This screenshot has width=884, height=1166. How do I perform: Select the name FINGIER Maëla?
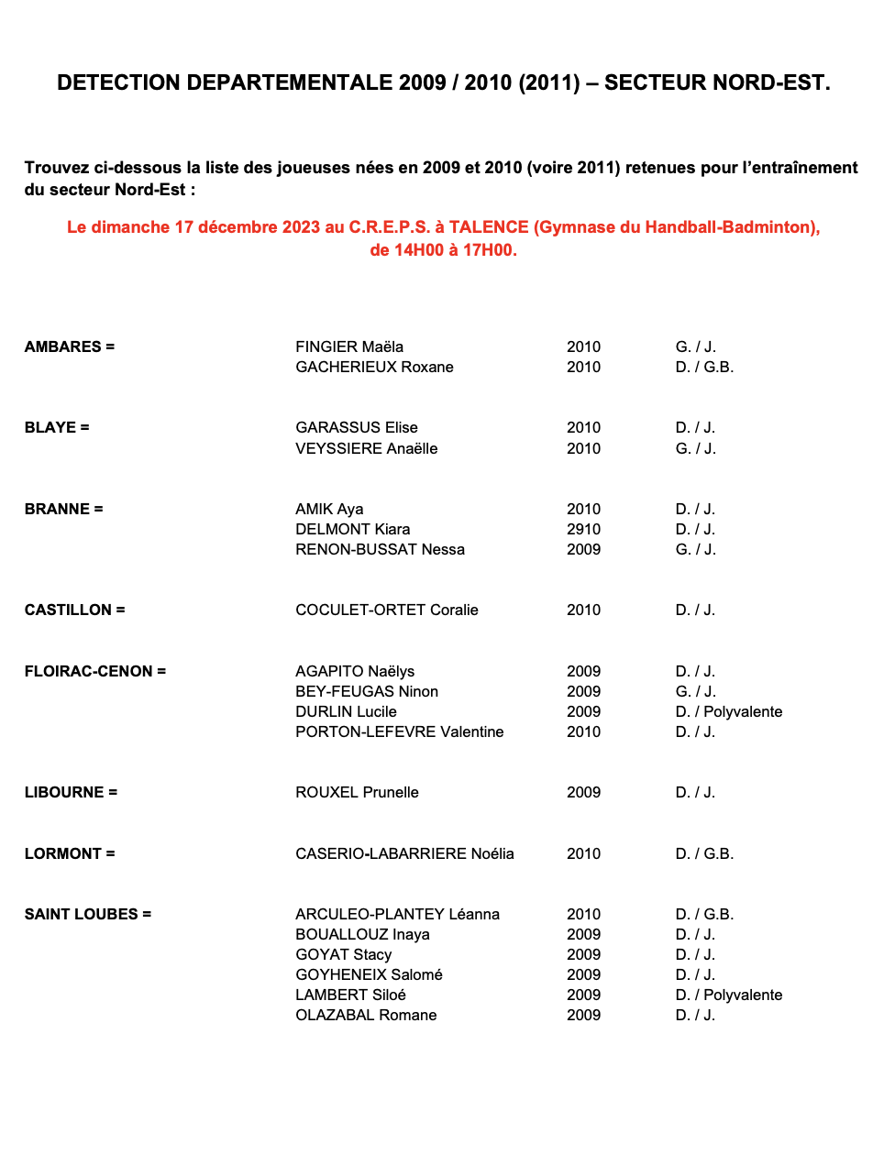pos(349,346)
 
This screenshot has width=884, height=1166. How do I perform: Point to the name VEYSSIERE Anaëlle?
pos(366,448)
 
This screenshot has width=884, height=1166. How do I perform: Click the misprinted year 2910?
pos(583,529)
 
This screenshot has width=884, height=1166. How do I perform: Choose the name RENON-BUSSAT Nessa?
pos(380,549)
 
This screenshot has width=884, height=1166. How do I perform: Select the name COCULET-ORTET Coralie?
pos(386,610)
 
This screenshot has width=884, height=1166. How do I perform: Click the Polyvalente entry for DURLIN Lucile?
pos(743,711)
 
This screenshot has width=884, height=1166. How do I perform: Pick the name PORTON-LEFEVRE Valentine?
pos(399,731)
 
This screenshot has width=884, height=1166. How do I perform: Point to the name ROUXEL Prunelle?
pos(357,792)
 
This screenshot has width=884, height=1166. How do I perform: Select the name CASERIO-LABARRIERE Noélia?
pos(404,853)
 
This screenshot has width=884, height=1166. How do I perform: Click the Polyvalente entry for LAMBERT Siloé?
pos(743,995)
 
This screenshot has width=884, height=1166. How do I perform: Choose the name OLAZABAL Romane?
pos(366,1015)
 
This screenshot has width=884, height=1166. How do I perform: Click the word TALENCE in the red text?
pos(489,227)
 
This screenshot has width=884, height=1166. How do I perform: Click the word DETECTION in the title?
pos(118,82)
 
